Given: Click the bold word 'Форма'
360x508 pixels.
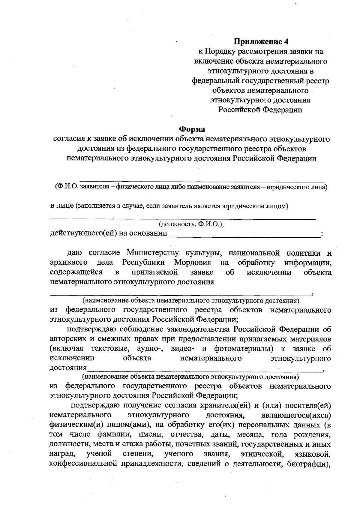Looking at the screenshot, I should click(x=192, y=129).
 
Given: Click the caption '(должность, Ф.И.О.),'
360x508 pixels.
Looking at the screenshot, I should click(x=191, y=224).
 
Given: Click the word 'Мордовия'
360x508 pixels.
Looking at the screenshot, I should click(x=193, y=263).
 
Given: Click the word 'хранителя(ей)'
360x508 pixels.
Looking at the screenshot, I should click(x=229, y=406).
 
